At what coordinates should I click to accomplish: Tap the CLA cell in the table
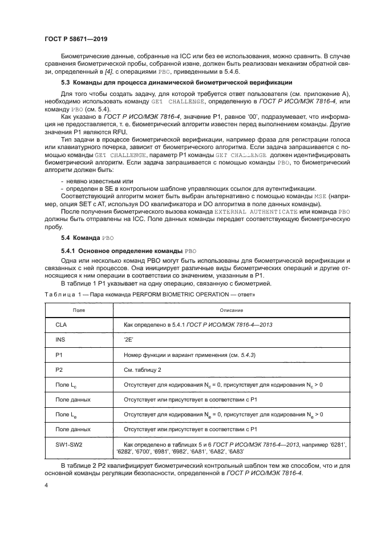point(62,324)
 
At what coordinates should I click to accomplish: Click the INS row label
point(60,340)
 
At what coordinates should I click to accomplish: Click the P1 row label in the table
point(59,355)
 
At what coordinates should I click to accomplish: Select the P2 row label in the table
point(59,370)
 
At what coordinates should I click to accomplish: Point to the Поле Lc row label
point(66,384)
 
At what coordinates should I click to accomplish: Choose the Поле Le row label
point(66,413)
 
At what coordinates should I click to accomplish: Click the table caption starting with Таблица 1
point(149,295)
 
